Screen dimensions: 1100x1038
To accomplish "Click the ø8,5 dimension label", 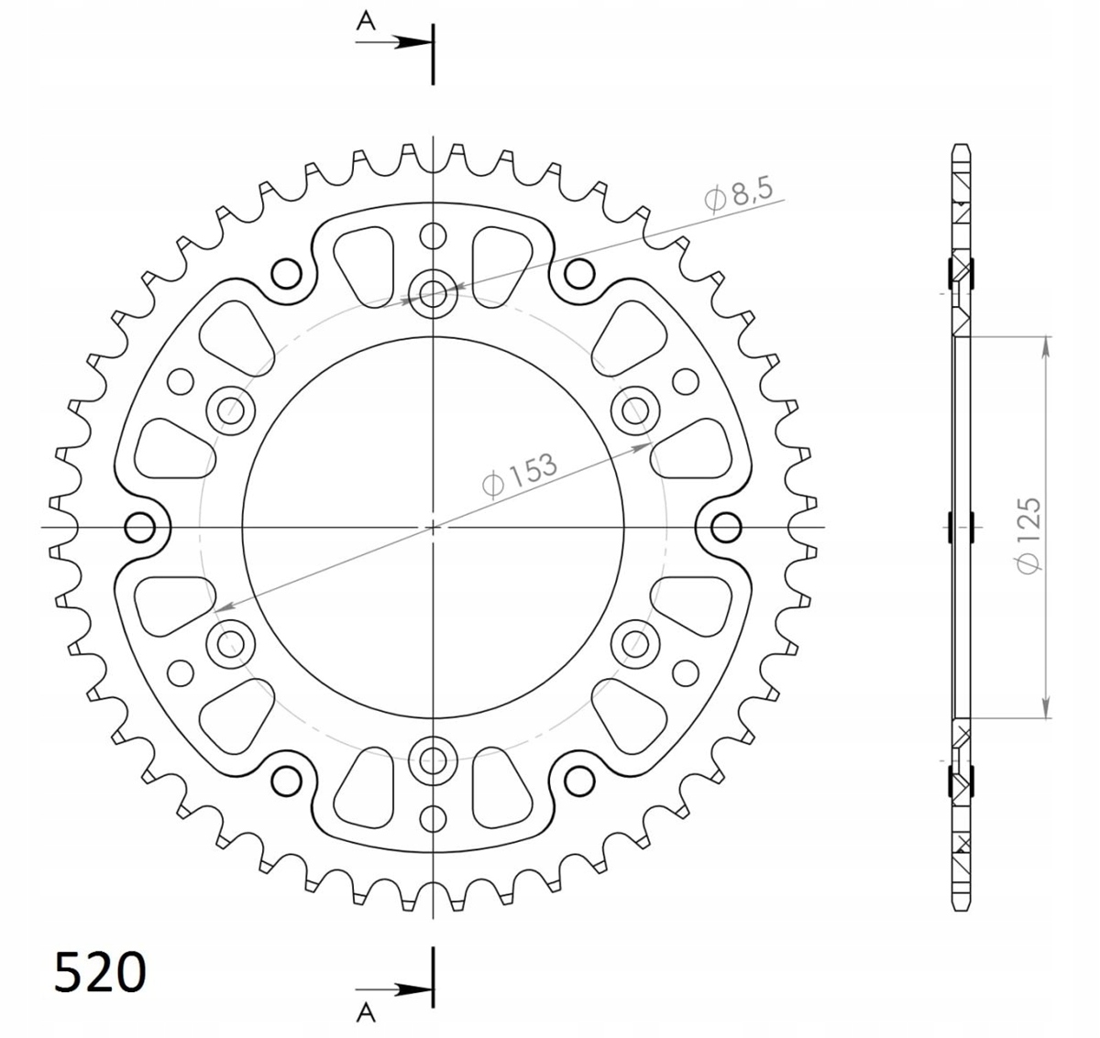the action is pos(739,194).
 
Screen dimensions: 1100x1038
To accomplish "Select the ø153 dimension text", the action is pos(519,475).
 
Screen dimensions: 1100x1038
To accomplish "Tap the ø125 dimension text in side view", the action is pos(1028,535).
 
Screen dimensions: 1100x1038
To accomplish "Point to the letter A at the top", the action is pos(366,21).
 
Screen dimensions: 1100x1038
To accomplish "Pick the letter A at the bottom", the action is pos(366,1013).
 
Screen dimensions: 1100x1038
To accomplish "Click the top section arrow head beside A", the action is pos(412,42).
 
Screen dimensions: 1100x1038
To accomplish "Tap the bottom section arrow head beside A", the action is pos(412,989).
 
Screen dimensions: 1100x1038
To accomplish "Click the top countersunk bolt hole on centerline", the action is pos(434,293).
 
